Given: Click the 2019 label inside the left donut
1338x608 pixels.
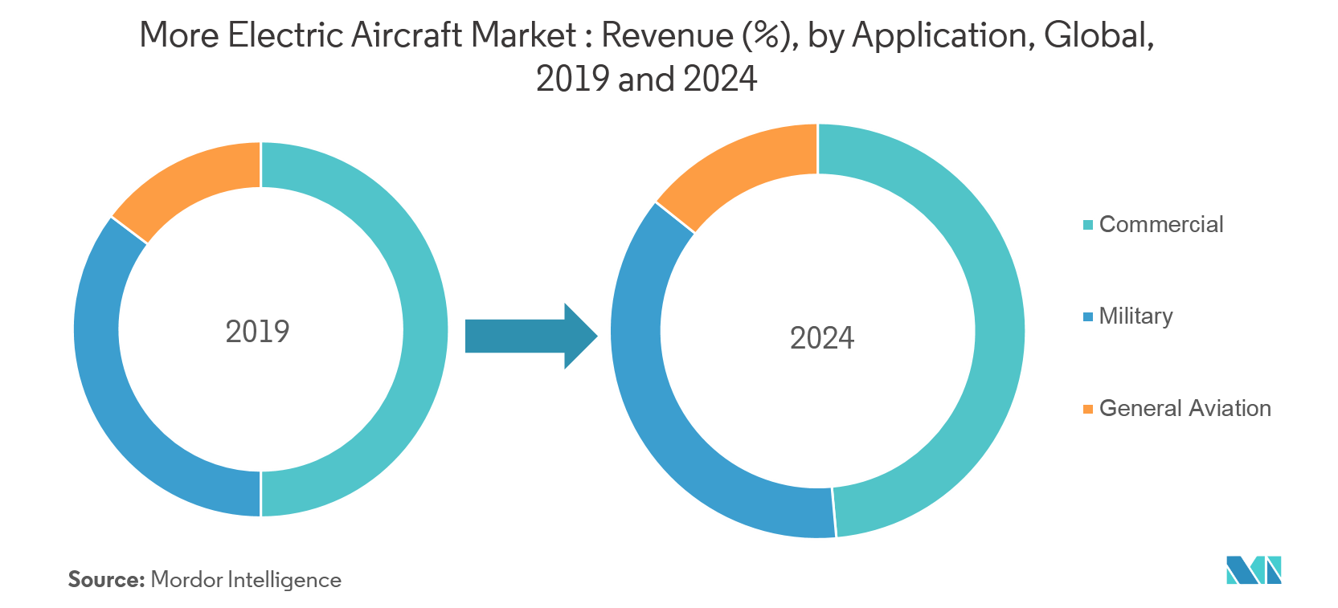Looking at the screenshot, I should pos(257,332).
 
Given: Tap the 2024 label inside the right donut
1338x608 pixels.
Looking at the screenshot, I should pos(821,338).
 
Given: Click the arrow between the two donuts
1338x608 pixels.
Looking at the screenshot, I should pos(530,336).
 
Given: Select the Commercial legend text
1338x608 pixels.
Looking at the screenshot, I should pos(1161,224).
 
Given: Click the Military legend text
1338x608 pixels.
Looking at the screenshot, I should pos(1135,316).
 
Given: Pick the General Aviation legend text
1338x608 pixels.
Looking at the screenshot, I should pos(1185,408).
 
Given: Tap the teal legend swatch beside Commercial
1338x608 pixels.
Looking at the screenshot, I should pos(1088,225).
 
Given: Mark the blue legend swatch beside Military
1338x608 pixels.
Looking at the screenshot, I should pos(1088,316).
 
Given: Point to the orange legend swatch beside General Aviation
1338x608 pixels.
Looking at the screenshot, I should pos(1088,409).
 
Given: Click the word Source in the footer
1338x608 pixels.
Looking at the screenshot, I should pos(105,579).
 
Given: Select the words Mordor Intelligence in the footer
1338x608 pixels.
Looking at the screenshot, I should pos(246,580).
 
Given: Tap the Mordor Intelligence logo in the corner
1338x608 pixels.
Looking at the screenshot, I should pos(1253,570).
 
